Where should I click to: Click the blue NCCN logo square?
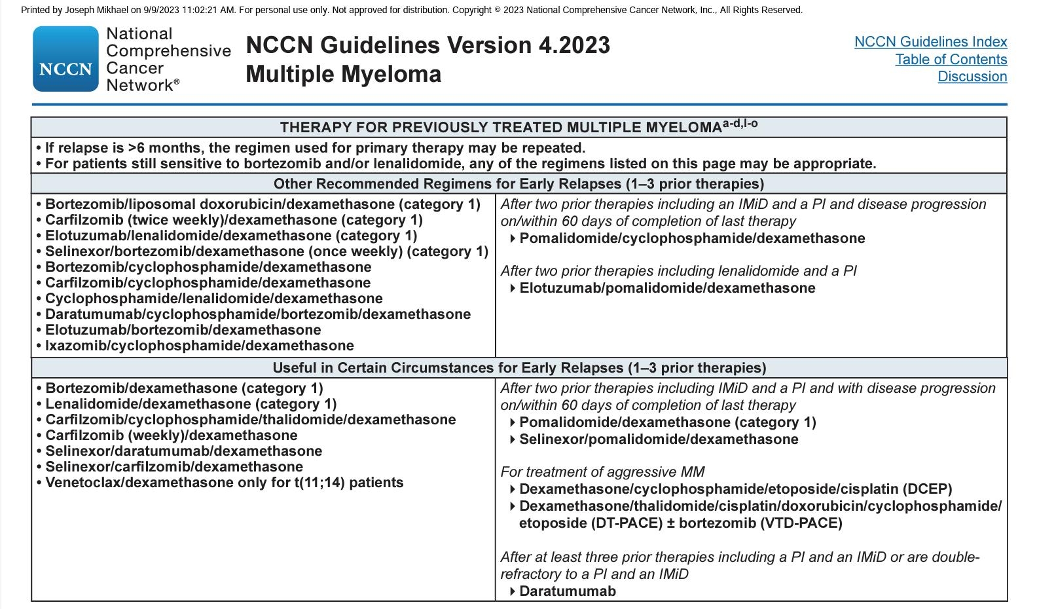(65, 59)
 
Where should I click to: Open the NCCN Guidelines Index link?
(930, 42)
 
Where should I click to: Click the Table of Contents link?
(951, 60)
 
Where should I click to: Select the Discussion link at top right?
(972, 77)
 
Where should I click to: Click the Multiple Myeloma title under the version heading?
(343, 74)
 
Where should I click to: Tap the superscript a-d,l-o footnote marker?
(740, 123)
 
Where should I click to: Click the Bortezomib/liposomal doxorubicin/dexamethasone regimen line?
(262, 204)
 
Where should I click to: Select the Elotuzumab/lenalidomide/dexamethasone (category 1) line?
(230, 236)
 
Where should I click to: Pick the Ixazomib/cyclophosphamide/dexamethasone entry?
(199, 346)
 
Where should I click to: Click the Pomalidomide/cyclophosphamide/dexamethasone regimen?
(691, 238)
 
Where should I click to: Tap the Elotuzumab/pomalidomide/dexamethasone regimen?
(666, 288)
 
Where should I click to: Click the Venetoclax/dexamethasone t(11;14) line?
(224, 483)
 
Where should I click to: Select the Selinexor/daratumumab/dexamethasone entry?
(183, 451)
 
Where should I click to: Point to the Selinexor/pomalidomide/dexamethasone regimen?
(658, 439)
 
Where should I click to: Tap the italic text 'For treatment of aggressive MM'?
(602, 472)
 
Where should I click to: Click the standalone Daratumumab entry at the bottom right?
(567, 591)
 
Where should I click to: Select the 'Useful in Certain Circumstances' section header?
(519, 368)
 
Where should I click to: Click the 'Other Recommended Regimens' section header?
(519, 184)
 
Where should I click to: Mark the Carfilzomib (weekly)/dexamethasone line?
(171, 435)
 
